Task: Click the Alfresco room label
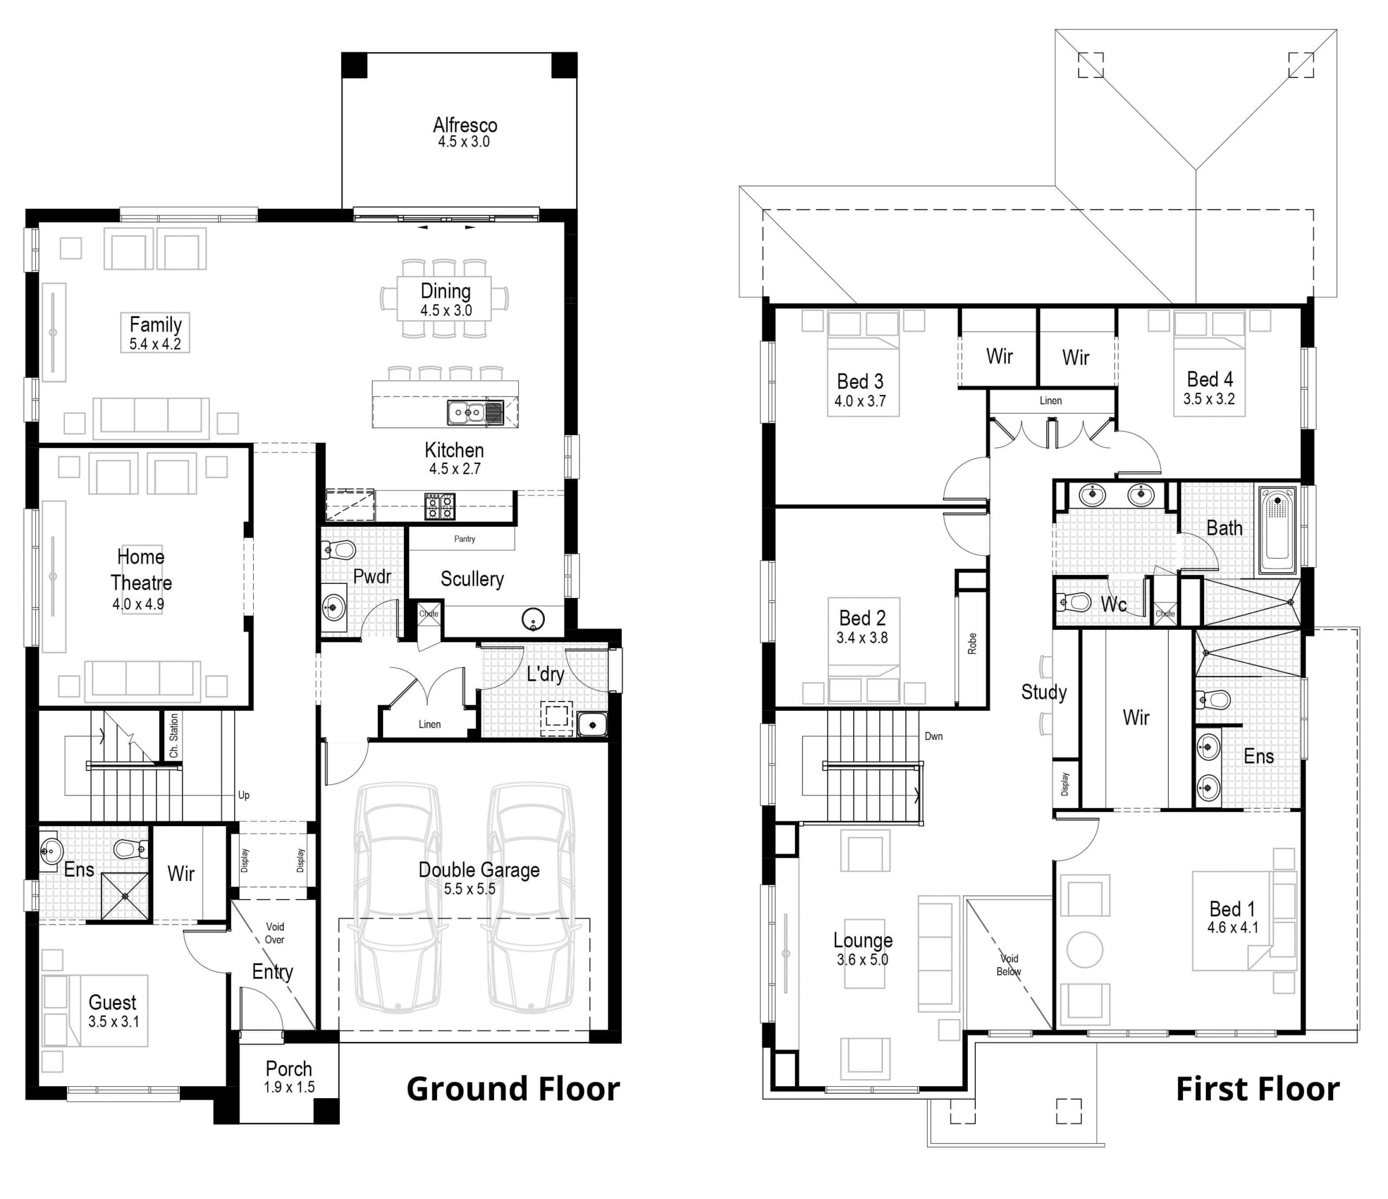465,125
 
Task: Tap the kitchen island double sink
475,413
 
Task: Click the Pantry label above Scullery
464,539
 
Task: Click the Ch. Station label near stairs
174,735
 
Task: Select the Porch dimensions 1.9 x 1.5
289,1088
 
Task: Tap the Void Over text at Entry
275,933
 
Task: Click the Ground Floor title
512,1089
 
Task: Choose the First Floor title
1257,1089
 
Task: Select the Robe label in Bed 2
972,643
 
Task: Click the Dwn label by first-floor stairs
933,736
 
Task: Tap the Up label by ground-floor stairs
244,795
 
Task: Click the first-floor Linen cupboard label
1050,401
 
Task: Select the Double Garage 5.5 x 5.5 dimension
469,889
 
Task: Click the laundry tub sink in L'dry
592,724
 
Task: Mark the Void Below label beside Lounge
1009,965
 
